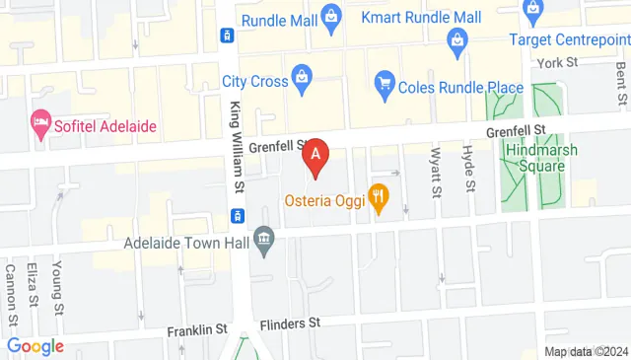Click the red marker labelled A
pyautogui.click(x=315, y=155)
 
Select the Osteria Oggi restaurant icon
pyautogui.click(x=378, y=197)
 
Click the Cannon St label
pyautogui.click(x=11, y=293)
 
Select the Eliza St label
pyautogui.click(x=35, y=285)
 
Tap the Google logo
pyautogui.click(x=35, y=346)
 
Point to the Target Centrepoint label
pyautogui.click(x=569, y=39)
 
